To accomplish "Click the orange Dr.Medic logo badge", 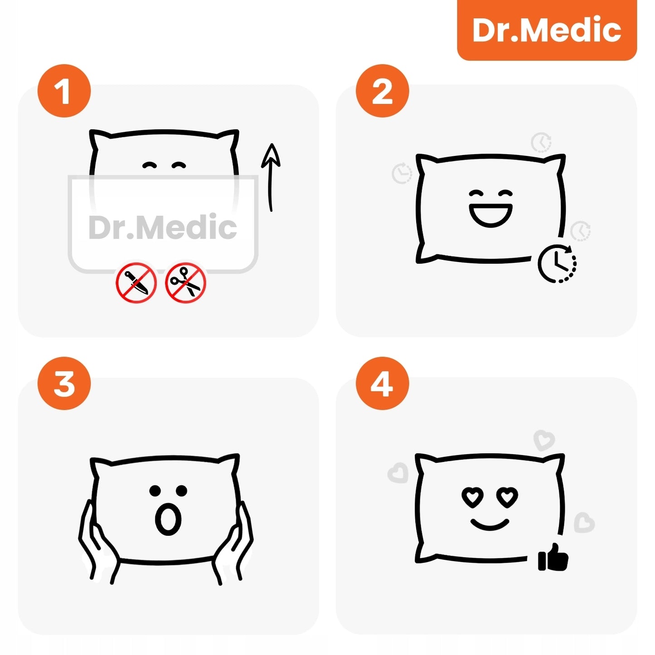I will coord(547,30).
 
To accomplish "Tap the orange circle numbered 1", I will coord(64,91).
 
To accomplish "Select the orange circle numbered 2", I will coord(382,91).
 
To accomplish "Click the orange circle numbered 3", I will coord(64,383).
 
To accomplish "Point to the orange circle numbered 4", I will coord(382,383).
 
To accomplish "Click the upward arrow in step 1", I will coord(271,177).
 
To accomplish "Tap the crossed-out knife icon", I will coord(136,283).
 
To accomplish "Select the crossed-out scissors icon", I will coord(185,283).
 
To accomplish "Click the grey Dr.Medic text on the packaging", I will coord(163,227).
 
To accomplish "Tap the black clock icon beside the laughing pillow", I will coord(557,264).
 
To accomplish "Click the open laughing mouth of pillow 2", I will coord(490,215).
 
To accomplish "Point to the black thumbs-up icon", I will coord(553,558).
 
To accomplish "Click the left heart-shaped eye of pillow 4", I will coord(472,497).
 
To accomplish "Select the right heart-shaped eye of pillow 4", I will coord(507,497).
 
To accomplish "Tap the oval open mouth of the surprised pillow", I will coord(168,519).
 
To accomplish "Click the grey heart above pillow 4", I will coord(544,440).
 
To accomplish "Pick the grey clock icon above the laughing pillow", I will coord(541,142).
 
